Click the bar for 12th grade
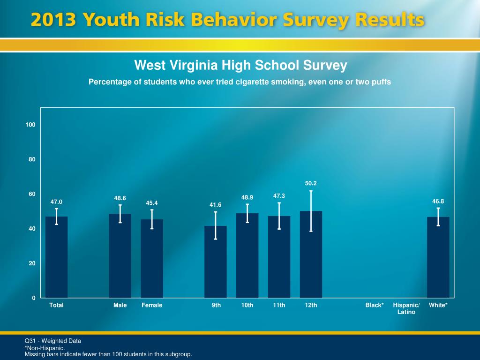311,262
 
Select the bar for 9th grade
216,267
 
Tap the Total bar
56,262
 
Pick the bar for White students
438,262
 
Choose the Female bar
152,262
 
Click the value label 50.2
311,183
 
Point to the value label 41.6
216,205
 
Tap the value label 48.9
247,198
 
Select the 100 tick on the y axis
31,125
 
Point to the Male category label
120,305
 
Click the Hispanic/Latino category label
406,308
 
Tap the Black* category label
375,305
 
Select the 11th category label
279,305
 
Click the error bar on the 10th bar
247,213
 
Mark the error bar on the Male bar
120,214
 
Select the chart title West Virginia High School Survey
240,65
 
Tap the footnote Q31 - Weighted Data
53,341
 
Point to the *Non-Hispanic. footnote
45,348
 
